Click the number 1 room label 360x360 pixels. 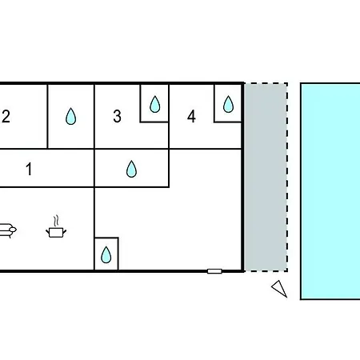[x=29, y=169]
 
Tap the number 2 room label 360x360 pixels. [x=6, y=116]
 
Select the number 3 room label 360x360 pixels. [x=117, y=116]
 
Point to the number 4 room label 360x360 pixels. [x=191, y=116]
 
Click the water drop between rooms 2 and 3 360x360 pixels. [x=70, y=116]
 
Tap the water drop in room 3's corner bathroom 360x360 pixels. [x=155, y=104]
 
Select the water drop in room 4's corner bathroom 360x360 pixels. [x=228, y=104]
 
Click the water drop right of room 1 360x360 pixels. [x=131, y=169]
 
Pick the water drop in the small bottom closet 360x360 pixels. [x=106, y=254]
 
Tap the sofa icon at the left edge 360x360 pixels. [x=7, y=230]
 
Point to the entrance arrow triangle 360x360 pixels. [x=280, y=288]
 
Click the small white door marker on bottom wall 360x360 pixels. [x=214, y=271]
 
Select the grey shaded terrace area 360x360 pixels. [x=266, y=177]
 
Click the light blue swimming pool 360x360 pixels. [x=330, y=191]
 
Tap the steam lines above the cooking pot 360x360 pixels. [x=56, y=221]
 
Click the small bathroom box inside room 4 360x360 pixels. [x=228, y=103]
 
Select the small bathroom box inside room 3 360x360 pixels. [x=154, y=103]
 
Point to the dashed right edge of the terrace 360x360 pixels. [x=287, y=177]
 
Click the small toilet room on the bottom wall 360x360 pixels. [x=106, y=254]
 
